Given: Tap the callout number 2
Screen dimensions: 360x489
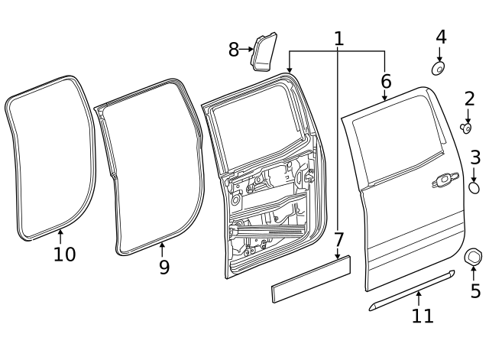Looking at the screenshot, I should [x=469, y=99].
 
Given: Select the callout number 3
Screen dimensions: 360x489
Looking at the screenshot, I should [x=475, y=158].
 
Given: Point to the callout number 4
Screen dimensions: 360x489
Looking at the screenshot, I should [x=441, y=37].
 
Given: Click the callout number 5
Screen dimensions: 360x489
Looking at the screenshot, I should [x=475, y=290].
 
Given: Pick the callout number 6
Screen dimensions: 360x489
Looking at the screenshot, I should [x=385, y=81].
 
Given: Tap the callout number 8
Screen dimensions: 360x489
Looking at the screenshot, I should [x=234, y=50].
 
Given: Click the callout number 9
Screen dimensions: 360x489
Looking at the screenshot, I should [x=164, y=268].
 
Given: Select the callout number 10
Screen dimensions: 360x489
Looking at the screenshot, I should [x=65, y=254].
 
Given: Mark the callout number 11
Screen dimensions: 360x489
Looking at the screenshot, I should [x=423, y=315].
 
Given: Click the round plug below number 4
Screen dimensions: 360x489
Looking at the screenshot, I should [x=439, y=69].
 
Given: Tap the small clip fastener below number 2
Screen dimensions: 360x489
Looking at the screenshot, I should [x=466, y=127].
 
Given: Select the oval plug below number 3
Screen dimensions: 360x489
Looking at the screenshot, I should [x=474, y=186].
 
